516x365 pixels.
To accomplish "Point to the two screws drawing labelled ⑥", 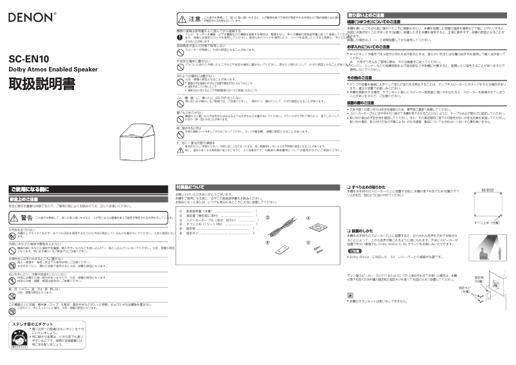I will pos(317,248).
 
